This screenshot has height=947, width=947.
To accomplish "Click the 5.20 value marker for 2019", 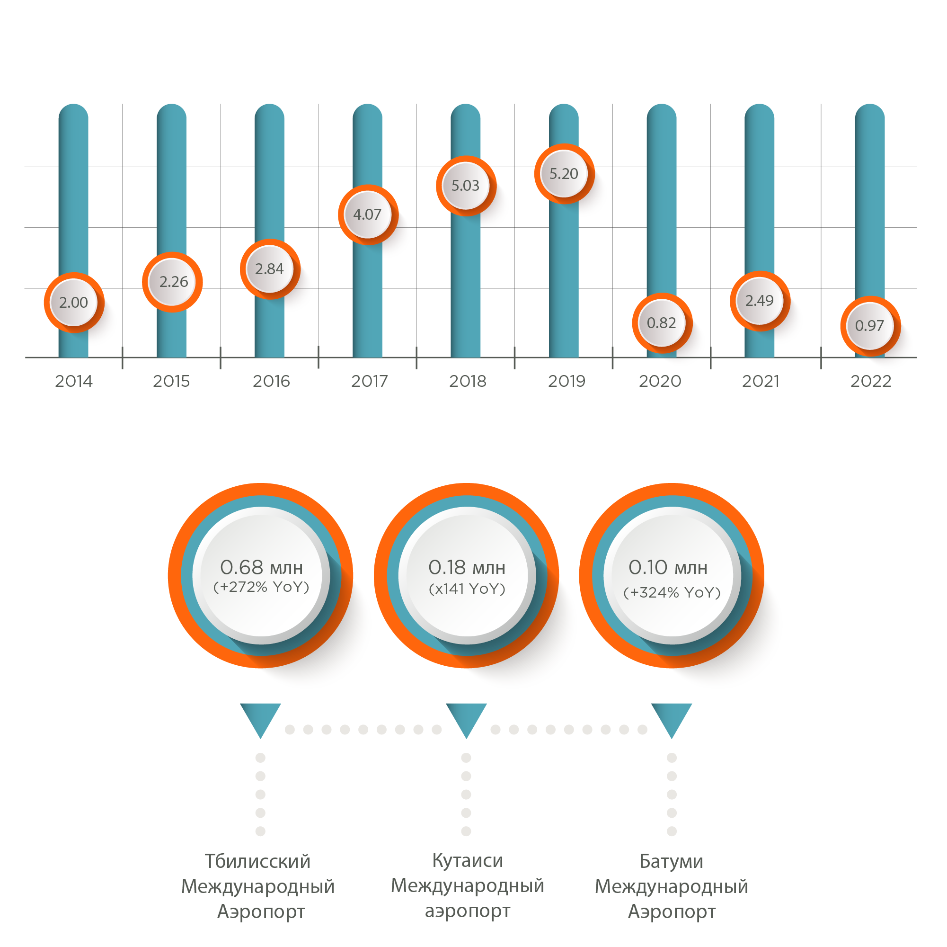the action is (x=564, y=174).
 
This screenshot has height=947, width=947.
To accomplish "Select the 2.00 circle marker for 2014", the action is (x=74, y=303).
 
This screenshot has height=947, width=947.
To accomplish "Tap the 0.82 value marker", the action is (x=662, y=323).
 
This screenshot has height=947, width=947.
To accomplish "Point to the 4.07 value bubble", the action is (x=368, y=215).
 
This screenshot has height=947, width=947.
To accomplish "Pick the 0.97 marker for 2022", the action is (x=870, y=326).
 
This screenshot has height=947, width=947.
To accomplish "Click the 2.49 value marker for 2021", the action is (x=760, y=301).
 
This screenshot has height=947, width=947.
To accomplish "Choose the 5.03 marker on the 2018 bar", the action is (x=466, y=186).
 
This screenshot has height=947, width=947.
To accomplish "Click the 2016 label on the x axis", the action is (x=271, y=381).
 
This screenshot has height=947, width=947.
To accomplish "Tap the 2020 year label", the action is (x=660, y=381).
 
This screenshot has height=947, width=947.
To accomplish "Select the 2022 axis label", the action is (x=870, y=381).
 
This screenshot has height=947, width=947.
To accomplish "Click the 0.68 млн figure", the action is (x=261, y=567).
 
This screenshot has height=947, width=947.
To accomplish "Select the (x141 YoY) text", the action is (x=467, y=589).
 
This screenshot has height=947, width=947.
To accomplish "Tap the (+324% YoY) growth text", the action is (x=672, y=592).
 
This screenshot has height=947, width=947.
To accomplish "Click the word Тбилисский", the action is (x=258, y=862).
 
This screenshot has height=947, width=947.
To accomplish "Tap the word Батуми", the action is (x=672, y=862).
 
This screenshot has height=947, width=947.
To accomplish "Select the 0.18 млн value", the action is (x=467, y=567).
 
